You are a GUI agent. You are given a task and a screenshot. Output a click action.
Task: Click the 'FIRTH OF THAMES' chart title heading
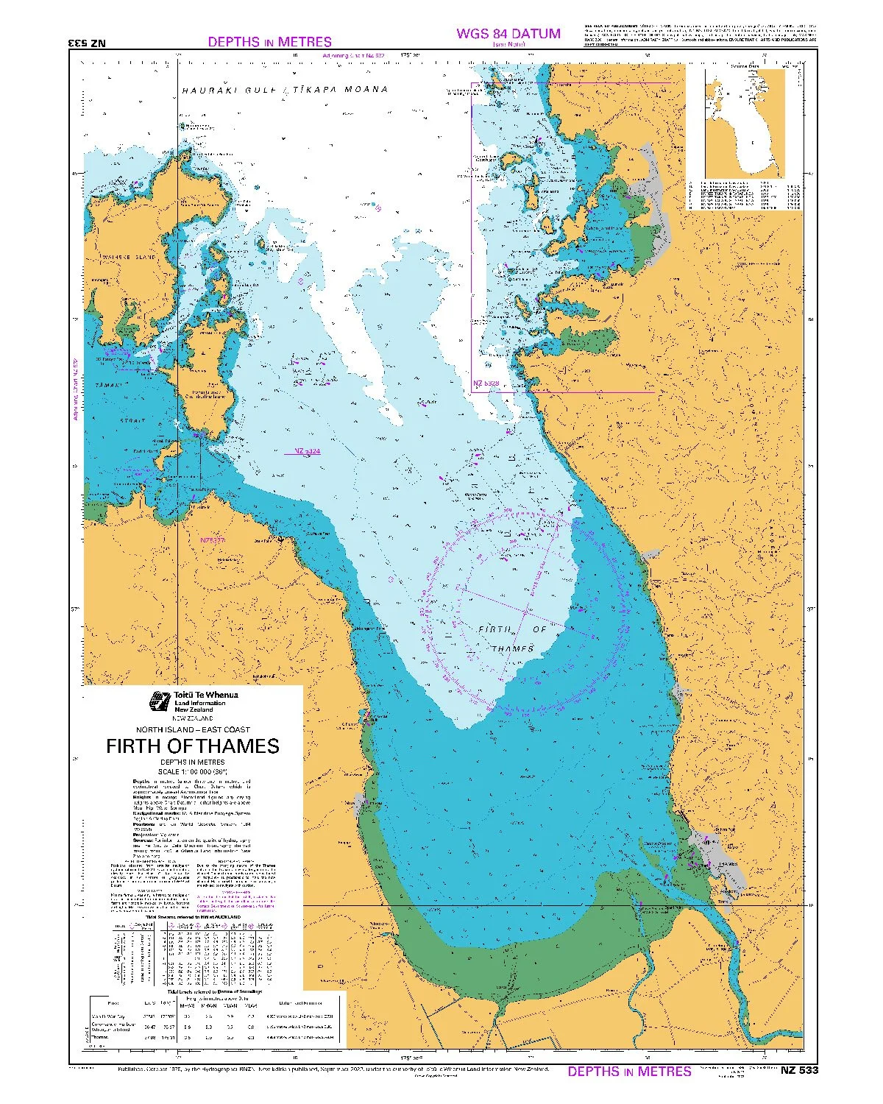click(193, 746)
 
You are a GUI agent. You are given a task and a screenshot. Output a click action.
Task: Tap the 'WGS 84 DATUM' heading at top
click(508, 33)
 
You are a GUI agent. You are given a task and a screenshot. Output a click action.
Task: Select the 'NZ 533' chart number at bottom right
click(799, 1070)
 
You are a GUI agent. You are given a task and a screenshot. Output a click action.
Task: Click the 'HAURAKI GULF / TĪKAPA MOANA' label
click(284, 90)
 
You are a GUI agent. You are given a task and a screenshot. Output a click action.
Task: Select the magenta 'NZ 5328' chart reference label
click(486, 383)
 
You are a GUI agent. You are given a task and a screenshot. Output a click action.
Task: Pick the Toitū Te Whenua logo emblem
click(158, 701)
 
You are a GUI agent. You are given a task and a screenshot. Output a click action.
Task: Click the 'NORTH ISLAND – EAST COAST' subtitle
click(193, 729)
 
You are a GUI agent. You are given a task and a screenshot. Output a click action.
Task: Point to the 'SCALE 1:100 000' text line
click(193, 771)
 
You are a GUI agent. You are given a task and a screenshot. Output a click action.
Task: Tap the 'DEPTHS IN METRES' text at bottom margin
click(629, 1071)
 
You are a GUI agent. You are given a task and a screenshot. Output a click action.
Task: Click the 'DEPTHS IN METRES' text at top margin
click(269, 42)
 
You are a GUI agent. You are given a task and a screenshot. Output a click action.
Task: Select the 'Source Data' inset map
click(745, 125)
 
